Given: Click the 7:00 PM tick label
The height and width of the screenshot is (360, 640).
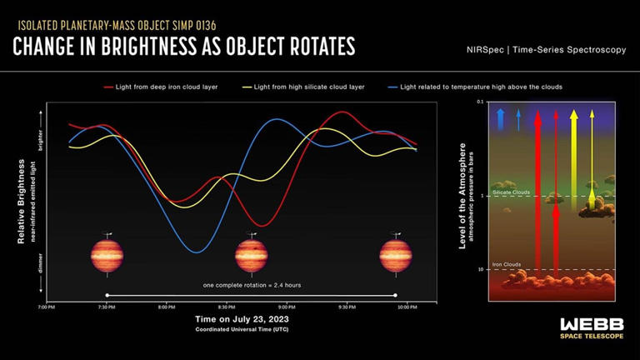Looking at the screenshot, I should coord(47,307).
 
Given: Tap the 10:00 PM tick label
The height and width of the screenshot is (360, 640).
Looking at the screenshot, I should coord(406,307).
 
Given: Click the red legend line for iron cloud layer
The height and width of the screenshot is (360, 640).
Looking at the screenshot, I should coord(109,87).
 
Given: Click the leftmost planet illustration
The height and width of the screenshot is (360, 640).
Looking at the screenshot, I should coord(107,255).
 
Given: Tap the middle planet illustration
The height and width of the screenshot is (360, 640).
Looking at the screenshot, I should coord(251,255).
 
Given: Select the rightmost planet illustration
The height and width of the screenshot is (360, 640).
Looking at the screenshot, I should coord(396,255).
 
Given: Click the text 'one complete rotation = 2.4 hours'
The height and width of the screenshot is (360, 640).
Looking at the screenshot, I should coord(252,285).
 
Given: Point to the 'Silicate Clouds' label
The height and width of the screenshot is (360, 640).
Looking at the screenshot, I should coord(511,192).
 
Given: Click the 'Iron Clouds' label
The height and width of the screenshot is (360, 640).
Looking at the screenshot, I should coord(507,264).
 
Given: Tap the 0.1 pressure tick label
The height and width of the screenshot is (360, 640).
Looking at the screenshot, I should coord(480,102).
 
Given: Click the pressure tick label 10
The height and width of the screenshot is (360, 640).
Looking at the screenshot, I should coord(481,269).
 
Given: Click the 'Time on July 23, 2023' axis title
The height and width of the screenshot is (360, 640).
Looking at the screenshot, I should coord(242,319).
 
